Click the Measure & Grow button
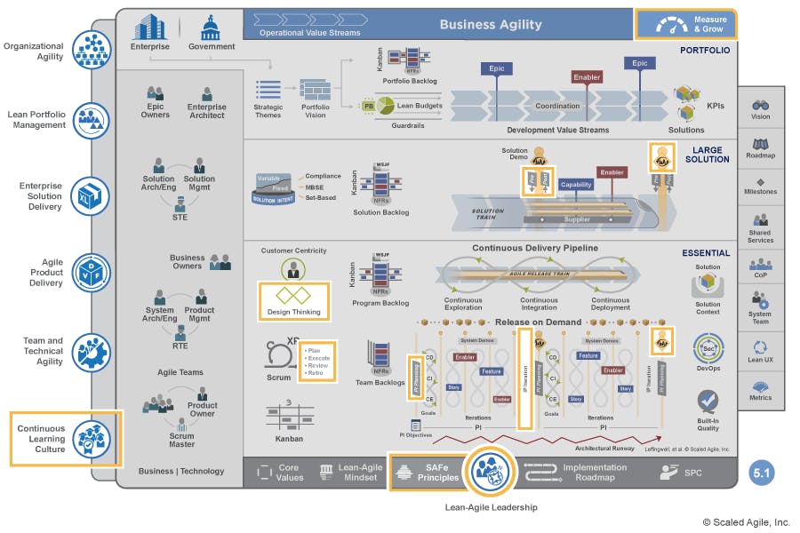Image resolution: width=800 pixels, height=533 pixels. point(685,24)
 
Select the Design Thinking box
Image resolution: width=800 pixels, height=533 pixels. point(294,300)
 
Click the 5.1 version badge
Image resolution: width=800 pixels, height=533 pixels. point(761,473)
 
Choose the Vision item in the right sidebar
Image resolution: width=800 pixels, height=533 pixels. point(760,108)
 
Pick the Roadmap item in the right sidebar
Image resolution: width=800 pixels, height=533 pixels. point(760,147)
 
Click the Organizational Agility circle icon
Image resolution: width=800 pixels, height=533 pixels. point(90,50)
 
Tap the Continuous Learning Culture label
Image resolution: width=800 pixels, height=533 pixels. point(42,438)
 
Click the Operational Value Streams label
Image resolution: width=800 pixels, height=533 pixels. point(310,33)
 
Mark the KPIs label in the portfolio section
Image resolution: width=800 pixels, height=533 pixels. point(715,107)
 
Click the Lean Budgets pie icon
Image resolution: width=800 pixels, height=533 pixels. point(383,106)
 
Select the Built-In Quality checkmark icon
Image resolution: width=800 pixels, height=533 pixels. point(708,402)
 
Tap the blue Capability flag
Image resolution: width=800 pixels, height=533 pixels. point(576,186)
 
